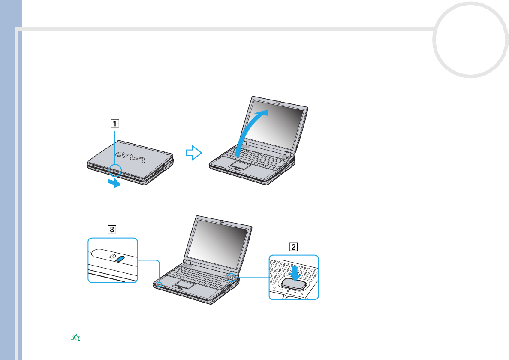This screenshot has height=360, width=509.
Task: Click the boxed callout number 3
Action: tap(111, 229)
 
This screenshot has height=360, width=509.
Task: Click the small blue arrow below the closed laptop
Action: tap(114, 183)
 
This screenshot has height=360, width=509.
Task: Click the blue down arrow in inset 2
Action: tap(295, 273)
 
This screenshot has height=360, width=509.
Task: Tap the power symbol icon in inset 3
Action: tap(113, 257)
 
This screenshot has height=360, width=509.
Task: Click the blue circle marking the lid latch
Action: tap(115, 170)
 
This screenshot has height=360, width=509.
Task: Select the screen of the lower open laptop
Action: tap(222, 242)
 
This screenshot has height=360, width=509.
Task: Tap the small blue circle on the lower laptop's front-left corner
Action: tap(160, 284)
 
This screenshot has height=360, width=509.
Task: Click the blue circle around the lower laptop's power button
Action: tap(232, 277)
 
